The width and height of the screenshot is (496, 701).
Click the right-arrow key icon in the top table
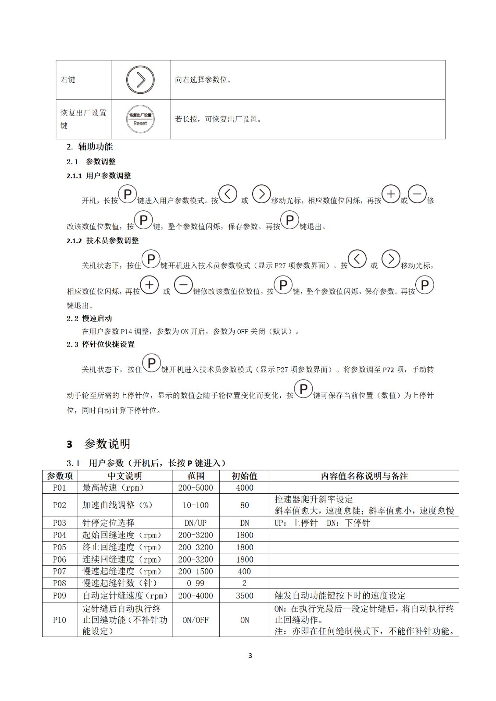pos(140,80)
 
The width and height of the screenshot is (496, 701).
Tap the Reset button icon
pos(140,119)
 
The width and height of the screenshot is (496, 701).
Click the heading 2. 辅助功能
pos(89,147)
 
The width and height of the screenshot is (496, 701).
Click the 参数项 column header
pos(60,476)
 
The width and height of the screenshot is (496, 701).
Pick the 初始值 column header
pos(244,476)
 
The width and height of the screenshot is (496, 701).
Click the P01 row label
pos(60,488)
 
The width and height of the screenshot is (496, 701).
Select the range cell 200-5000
pos(196,488)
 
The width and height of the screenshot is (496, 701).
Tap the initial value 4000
pos(244,488)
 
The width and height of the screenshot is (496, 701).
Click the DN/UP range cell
pos(196,523)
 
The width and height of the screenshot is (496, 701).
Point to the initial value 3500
pos(244,595)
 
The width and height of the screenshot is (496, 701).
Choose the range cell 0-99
pos(196,583)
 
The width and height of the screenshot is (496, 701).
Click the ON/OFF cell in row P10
pos(196,620)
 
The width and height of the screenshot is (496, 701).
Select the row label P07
pos(60,571)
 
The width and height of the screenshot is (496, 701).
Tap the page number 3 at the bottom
pos(250,656)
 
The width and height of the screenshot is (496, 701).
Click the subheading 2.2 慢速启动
pos(89,319)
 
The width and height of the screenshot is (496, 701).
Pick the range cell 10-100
pos(196,505)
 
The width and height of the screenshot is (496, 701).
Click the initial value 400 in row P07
pos(244,571)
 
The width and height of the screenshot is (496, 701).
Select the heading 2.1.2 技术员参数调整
pos(103,241)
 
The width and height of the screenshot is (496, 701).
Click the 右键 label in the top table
pos(68,80)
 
